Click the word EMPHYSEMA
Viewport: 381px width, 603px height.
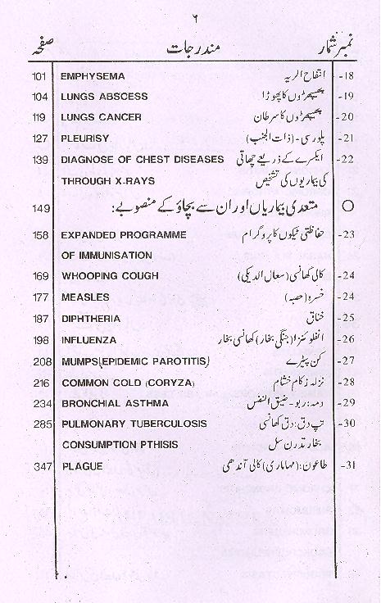coord(93,76)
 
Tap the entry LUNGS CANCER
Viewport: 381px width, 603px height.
coord(101,117)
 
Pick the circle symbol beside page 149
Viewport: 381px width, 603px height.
coord(347,207)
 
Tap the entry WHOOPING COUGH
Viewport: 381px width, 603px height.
coord(110,276)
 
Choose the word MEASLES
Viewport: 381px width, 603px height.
coord(84,297)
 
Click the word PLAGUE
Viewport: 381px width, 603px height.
coord(81,466)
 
